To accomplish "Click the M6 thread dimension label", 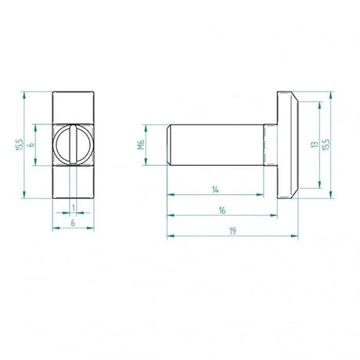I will [142, 144].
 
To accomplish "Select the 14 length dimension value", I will [215, 189].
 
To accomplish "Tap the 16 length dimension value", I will [223, 210].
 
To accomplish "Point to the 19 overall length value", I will [233, 230].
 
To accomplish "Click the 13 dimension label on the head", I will [314, 145].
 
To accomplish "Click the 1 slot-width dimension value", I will [73, 207].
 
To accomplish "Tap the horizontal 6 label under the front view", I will [73, 224].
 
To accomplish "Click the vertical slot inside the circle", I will [73, 145].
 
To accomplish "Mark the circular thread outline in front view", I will [60, 145].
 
